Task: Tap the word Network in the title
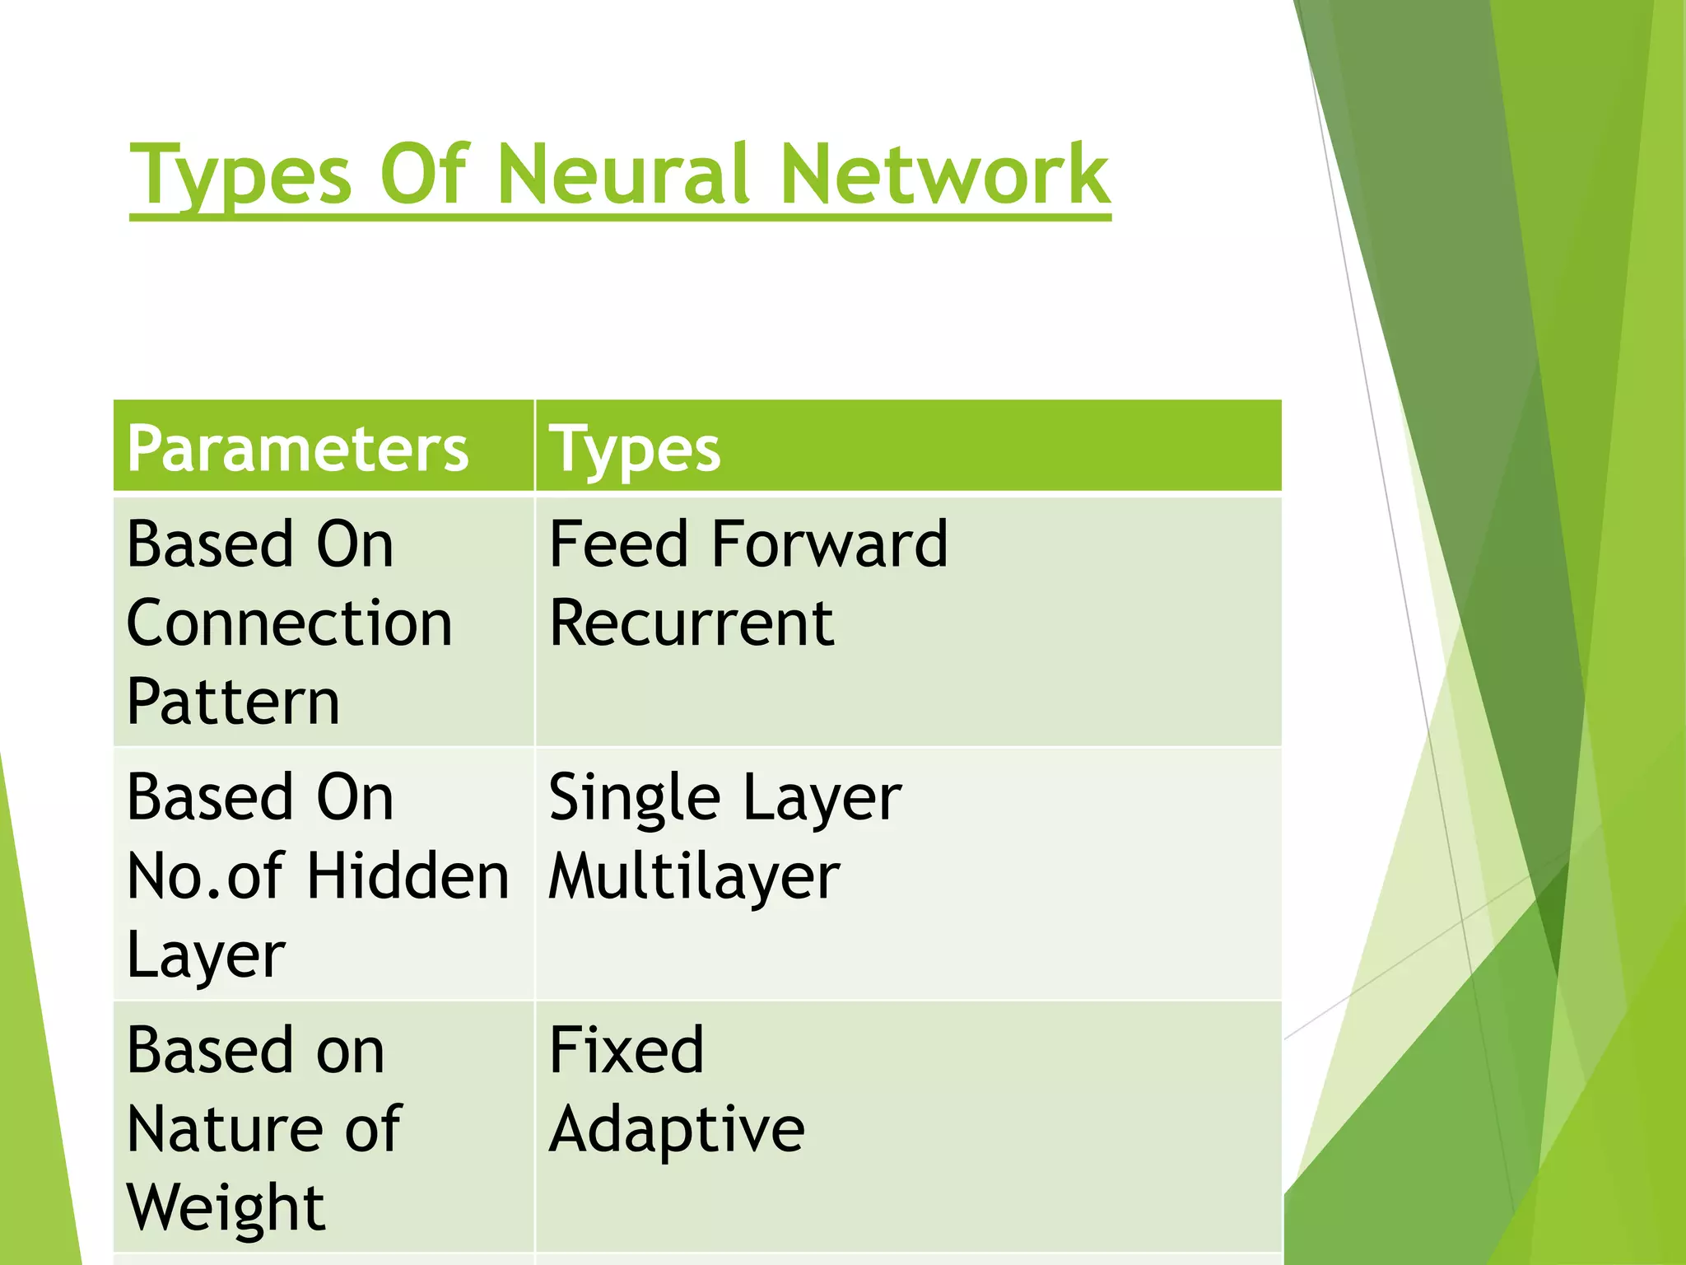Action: (944, 175)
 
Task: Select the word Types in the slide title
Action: (241, 175)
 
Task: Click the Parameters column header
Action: (298, 450)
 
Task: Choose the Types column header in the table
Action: (635, 450)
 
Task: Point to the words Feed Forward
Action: (748, 544)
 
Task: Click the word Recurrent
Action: (692, 623)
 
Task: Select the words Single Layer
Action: (724, 798)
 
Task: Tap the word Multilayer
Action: (694, 877)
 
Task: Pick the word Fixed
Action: (626, 1050)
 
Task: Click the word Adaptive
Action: (677, 1130)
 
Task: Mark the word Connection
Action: (289, 623)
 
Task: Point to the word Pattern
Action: (233, 703)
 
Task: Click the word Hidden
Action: (408, 876)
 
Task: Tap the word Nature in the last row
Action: (225, 1129)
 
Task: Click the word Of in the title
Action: (424, 175)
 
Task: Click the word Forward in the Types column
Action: (830, 544)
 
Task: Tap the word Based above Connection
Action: (210, 544)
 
